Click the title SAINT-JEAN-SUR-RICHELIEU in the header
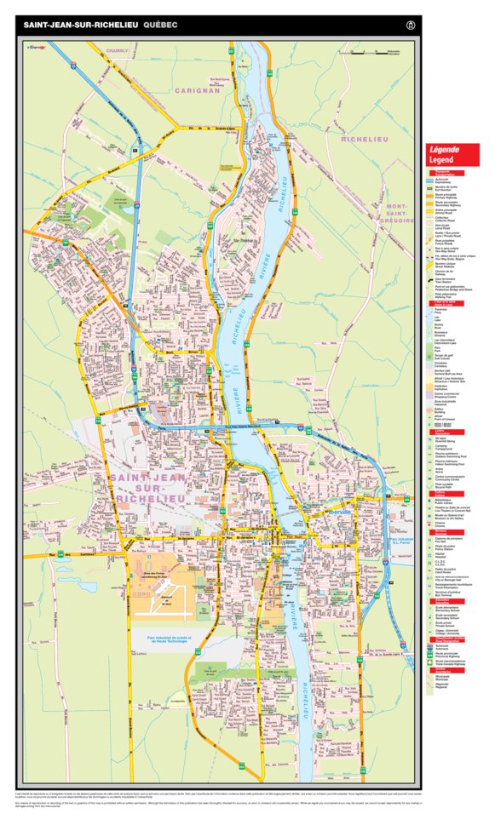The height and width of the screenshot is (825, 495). (x=80, y=26)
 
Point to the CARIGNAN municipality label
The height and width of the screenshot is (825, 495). (x=197, y=89)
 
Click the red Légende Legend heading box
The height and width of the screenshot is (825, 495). (x=452, y=154)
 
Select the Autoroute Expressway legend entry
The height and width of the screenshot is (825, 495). (x=446, y=182)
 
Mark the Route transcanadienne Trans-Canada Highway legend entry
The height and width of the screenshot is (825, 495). (x=446, y=661)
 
